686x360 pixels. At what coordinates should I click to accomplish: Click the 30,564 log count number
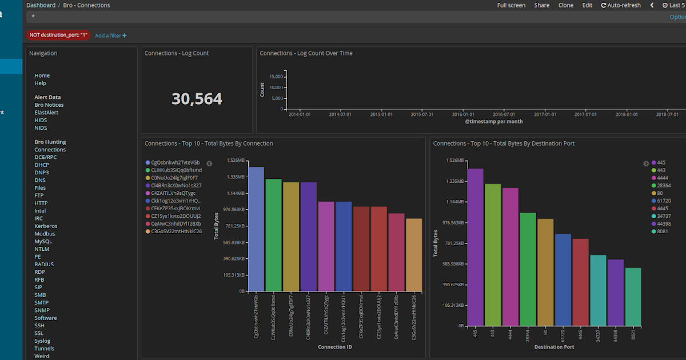point(197,99)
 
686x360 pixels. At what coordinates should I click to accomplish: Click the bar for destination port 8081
point(633,297)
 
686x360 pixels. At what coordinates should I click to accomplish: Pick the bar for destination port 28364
point(528,269)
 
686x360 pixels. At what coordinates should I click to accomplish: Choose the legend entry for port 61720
point(664,201)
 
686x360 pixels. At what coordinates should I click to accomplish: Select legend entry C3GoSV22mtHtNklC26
point(176,231)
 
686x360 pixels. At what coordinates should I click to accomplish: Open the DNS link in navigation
point(39,180)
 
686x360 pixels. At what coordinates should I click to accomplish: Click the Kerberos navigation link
point(46,226)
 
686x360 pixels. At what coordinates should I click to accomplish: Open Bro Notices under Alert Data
point(49,105)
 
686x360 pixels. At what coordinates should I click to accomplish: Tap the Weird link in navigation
point(42,356)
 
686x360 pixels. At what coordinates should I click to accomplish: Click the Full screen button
point(511,5)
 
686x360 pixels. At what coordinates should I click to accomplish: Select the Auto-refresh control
point(621,5)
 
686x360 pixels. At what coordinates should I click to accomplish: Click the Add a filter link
point(110,35)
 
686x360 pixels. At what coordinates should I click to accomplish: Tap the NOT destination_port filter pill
point(58,35)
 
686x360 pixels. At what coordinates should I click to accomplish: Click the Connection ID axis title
point(335,347)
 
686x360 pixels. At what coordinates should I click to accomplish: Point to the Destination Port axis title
point(554,347)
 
